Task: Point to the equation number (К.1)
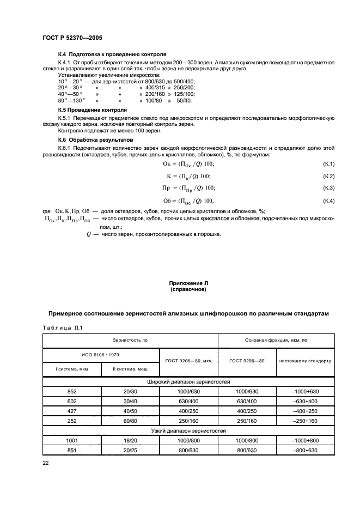328,164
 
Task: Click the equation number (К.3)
328,189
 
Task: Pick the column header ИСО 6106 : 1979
100,355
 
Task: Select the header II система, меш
129,369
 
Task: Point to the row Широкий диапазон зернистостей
188,382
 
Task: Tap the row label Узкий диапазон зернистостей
188,431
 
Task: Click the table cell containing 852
71,392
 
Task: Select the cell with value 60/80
129,421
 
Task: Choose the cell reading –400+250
305,411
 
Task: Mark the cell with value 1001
71,441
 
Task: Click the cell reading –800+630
305,451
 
